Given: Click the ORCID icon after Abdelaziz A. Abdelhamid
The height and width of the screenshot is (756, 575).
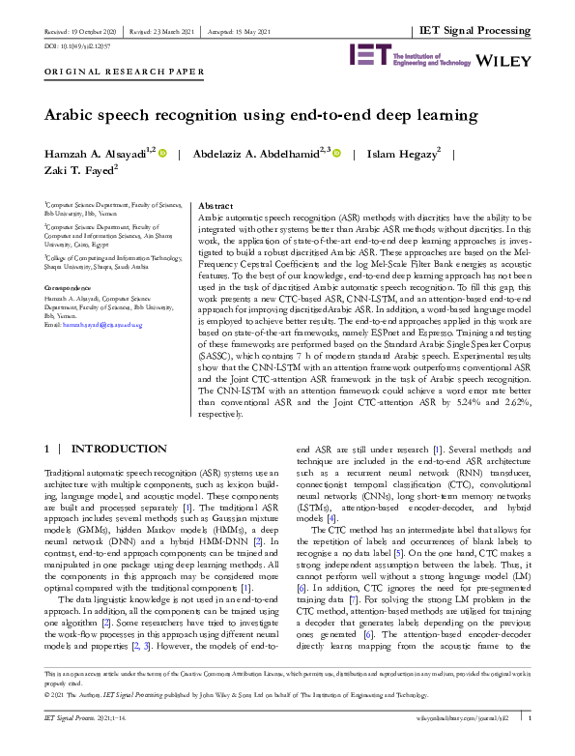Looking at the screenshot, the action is [x=336, y=153].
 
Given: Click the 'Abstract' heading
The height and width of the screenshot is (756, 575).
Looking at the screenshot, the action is [x=214, y=207].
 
